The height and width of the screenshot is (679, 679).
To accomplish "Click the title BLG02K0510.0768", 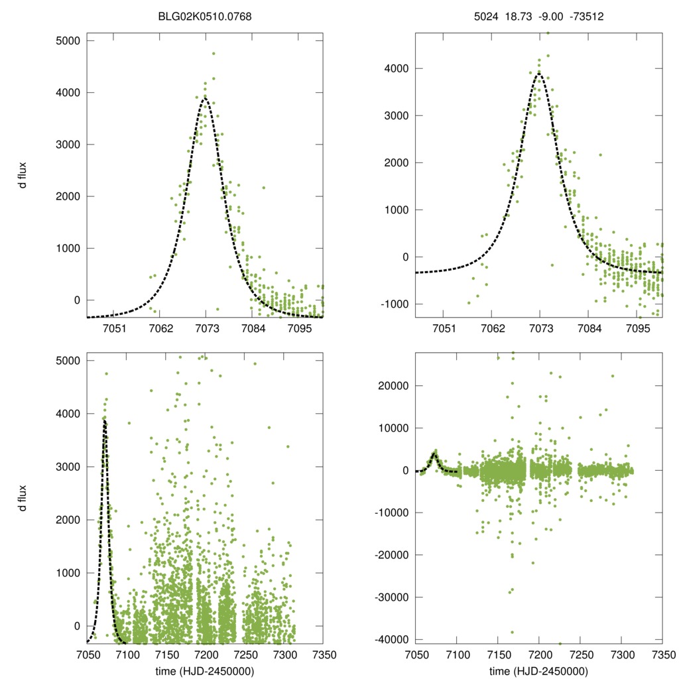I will click(x=204, y=11).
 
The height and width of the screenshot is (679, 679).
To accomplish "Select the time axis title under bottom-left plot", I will click(x=204, y=670).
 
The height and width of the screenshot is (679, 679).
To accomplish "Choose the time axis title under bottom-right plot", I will click(x=539, y=670).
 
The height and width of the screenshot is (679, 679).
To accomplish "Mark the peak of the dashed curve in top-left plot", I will click(x=205, y=99).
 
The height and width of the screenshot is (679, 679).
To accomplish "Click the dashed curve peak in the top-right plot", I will click(x=539, y=74).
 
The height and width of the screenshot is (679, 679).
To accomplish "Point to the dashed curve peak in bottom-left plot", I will click(x=105, y=420).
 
